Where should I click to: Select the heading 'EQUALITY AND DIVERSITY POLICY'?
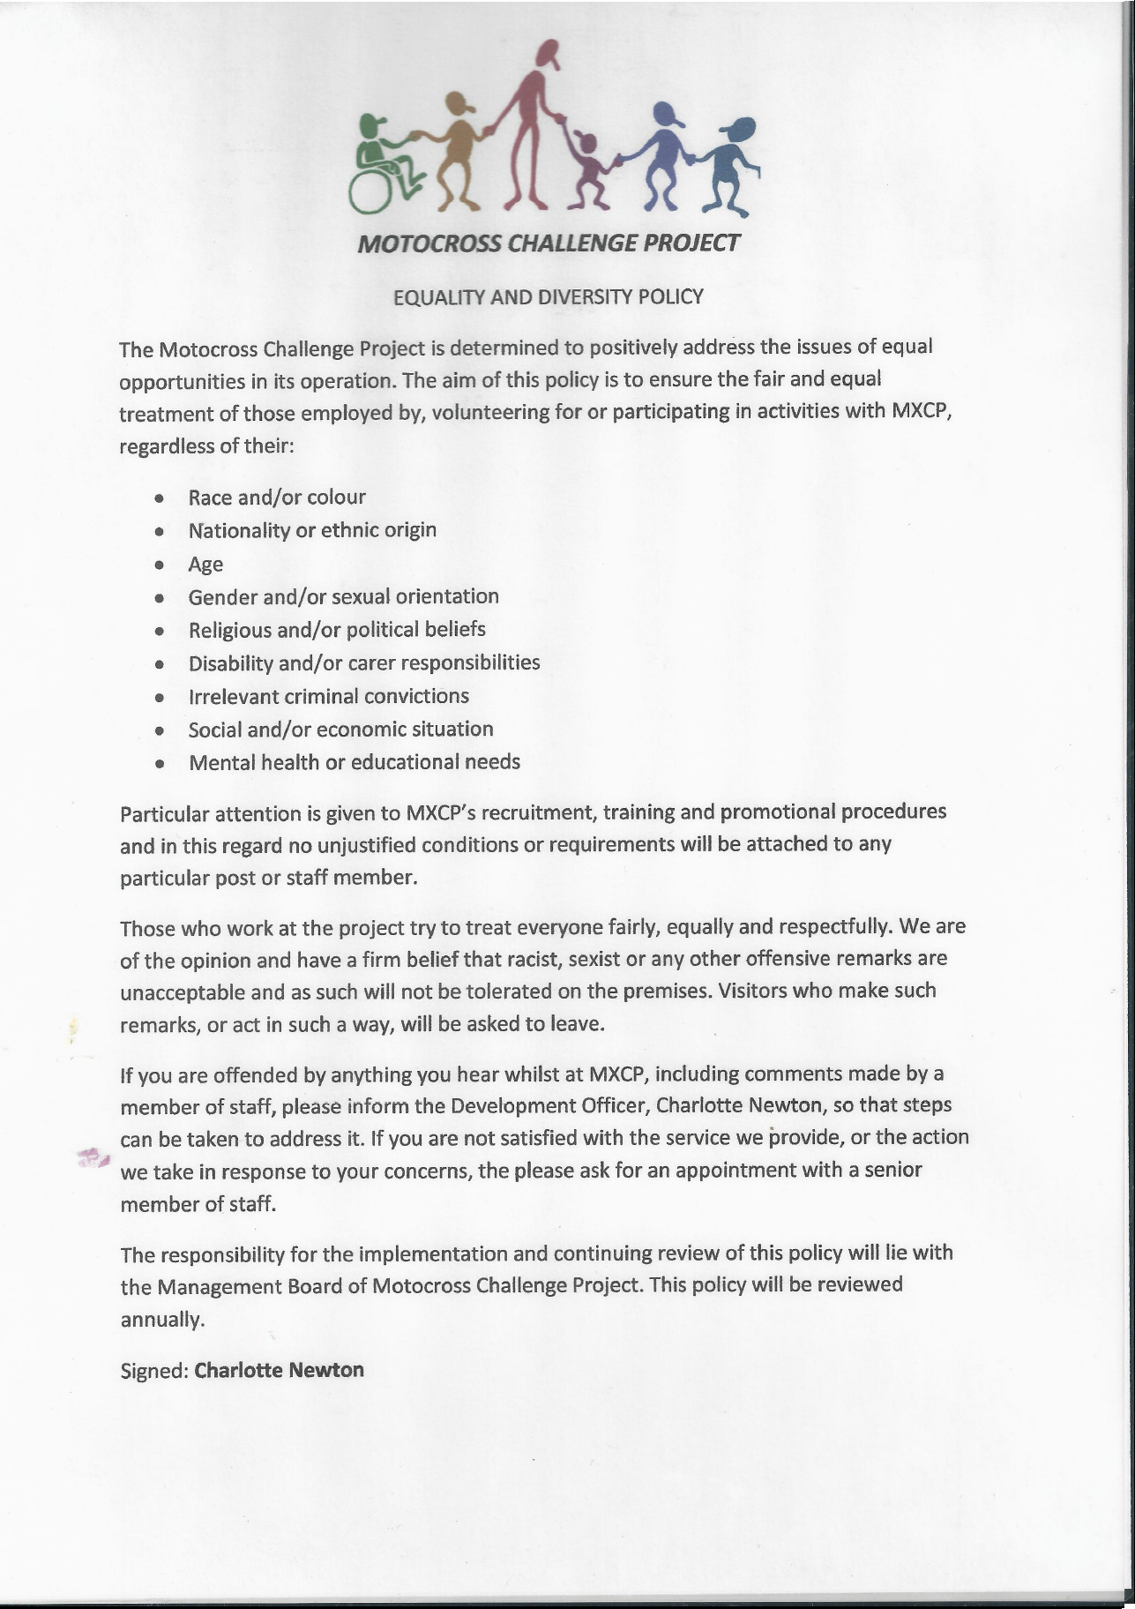pyautogui.click(x=548, y=296)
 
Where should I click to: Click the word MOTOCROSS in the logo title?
pyautogui.click(x=430, y=243)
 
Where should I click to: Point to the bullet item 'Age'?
pyautogui.click(x=205, y=565)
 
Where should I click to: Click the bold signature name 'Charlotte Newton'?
pyautogui.click(x=279, y=1370)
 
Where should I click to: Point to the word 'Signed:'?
pyautogui.click(x=154, y=1371)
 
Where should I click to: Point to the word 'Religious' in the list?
pyautogui.click(x=229, y=631)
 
